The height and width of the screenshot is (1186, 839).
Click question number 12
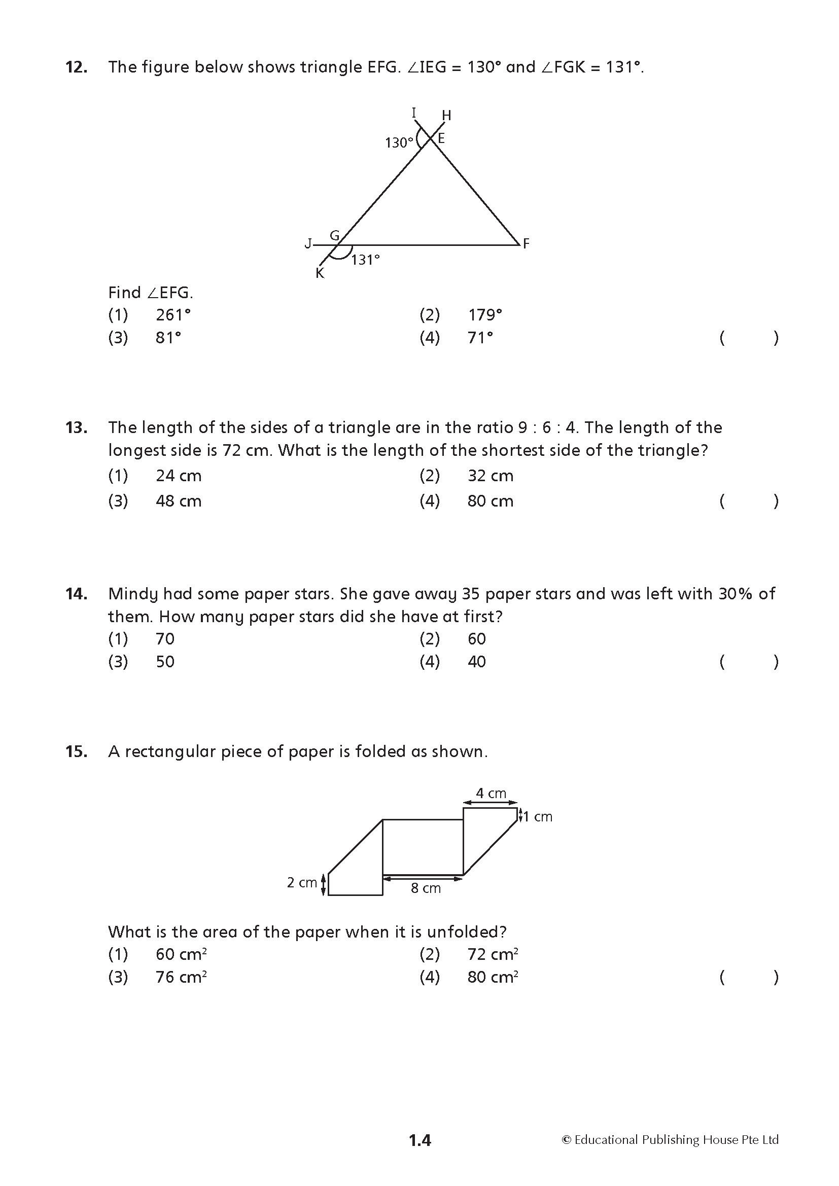point(76,67)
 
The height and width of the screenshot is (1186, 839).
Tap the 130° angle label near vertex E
point(399,142)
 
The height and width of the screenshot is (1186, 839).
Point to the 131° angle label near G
point(365,260)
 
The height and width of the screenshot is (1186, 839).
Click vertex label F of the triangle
point(526,243)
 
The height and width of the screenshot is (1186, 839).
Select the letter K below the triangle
point(320,274)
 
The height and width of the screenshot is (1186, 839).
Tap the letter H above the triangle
point(446,116)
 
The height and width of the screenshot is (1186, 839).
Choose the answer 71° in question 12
point(480,338)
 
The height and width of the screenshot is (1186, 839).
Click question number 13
point(76,428)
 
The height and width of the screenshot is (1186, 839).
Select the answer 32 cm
point(491,476)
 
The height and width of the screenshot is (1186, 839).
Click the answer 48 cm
point(178,501)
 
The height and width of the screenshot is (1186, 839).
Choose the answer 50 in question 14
point(165,662)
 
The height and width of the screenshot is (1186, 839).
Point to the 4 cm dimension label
point(491,793)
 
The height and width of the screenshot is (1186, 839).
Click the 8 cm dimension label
point(426,888)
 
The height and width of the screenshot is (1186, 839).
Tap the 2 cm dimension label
point(302,882)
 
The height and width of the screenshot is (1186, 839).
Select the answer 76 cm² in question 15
point(181,977)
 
